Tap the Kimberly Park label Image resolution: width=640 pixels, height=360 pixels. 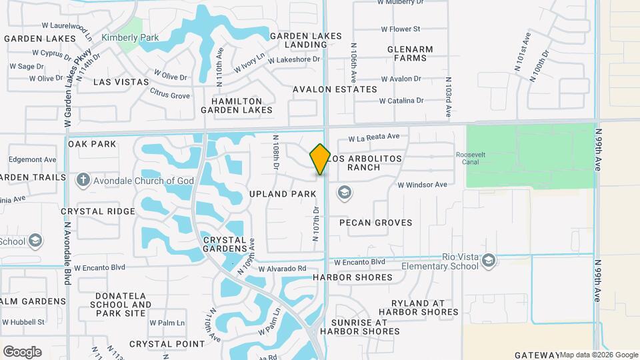click(130, 37)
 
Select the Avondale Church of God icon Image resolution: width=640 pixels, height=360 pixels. click(83, 180)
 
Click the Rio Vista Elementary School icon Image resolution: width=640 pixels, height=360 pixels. click(489, 260)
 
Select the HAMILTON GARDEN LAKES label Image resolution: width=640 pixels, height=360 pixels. click(242, 105)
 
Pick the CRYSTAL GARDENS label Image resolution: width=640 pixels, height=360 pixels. click(225, 244)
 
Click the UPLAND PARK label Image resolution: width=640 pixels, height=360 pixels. click(282, 194)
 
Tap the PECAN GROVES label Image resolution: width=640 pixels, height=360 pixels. click(376, 223)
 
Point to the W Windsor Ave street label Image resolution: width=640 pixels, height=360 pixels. click(423, 185)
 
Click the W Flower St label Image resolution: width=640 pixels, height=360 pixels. click(400, 29)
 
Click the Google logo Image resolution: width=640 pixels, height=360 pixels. click(22, 351)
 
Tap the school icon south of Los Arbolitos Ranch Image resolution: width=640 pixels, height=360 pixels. click(345, 193)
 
